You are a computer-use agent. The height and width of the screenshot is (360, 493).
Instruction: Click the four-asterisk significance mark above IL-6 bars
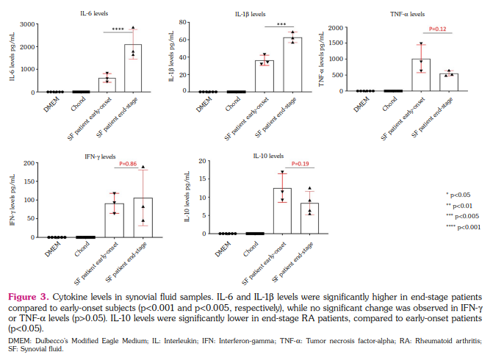119,29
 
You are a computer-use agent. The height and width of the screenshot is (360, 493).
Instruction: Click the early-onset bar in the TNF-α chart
421,75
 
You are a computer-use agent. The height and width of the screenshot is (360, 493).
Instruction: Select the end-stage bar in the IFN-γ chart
143,217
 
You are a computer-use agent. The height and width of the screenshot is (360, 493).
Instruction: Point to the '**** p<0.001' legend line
462,228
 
